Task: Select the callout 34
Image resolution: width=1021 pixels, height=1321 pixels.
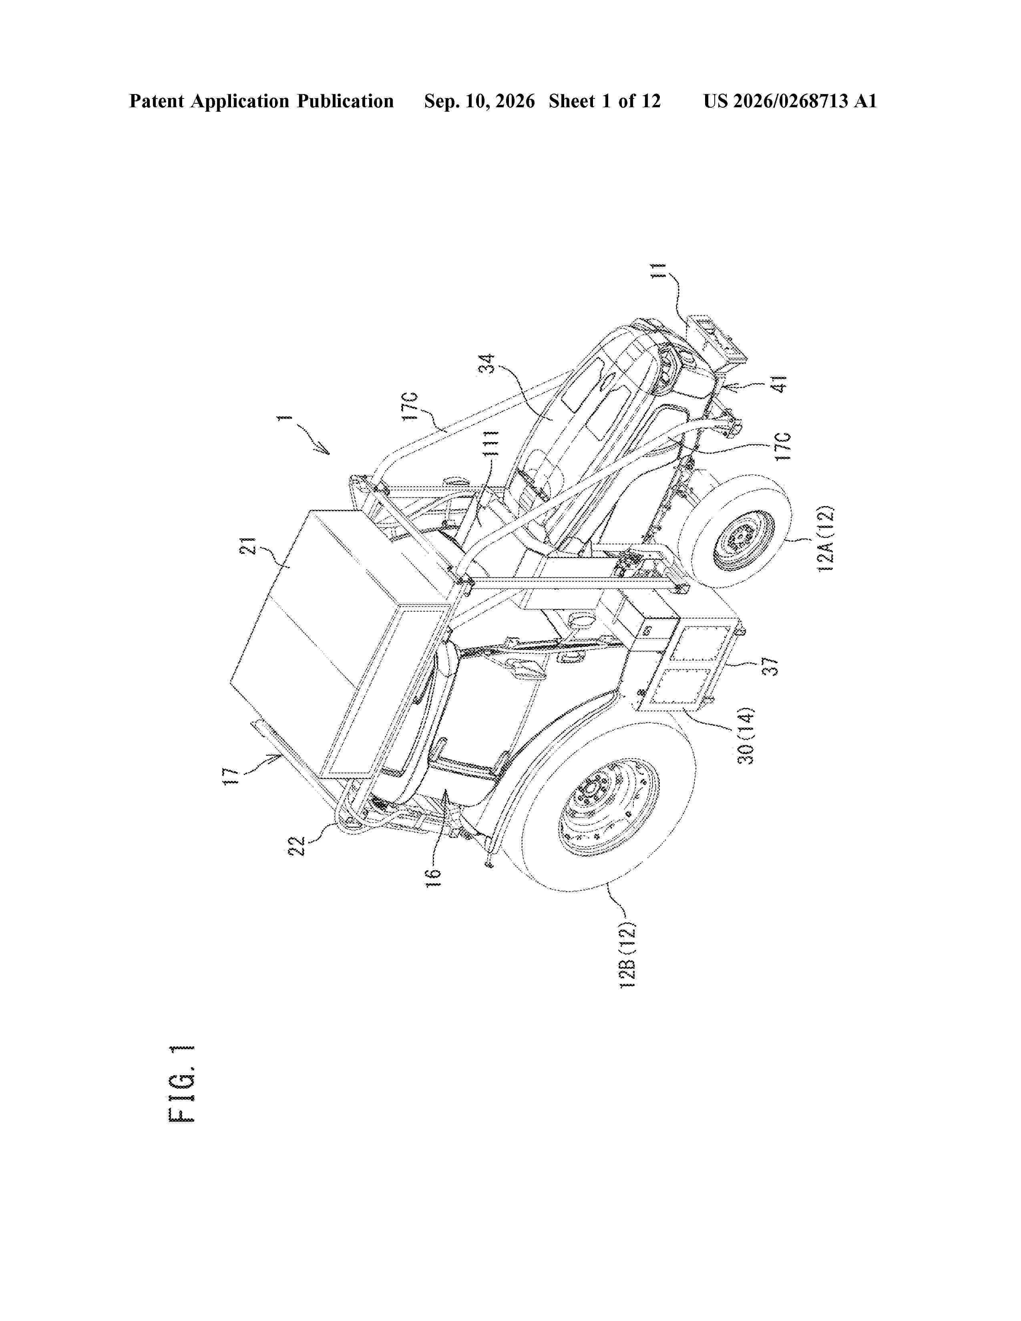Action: (x=486, y=364)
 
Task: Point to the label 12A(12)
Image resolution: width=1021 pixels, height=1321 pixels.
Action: (x=826, y=539)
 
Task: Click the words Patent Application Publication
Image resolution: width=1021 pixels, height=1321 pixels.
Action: (x=261, y=101)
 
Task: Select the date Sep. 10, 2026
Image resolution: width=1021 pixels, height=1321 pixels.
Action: (x=479, y=101)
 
